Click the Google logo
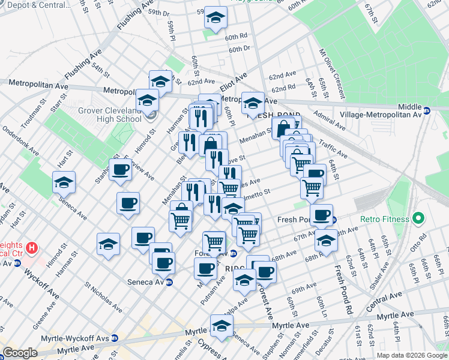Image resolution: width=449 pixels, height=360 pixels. coord(20,353)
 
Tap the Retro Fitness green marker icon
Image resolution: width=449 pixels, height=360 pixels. coord(419,217)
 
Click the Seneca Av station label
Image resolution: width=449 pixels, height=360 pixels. coord(144,282)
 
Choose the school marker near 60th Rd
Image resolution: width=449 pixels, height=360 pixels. coord(215,18)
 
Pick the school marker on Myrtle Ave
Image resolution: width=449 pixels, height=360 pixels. coord(221,326)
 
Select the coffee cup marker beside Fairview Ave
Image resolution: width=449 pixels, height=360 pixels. coord(120,170)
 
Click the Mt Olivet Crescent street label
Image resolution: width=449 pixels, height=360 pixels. coord(332,76)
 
